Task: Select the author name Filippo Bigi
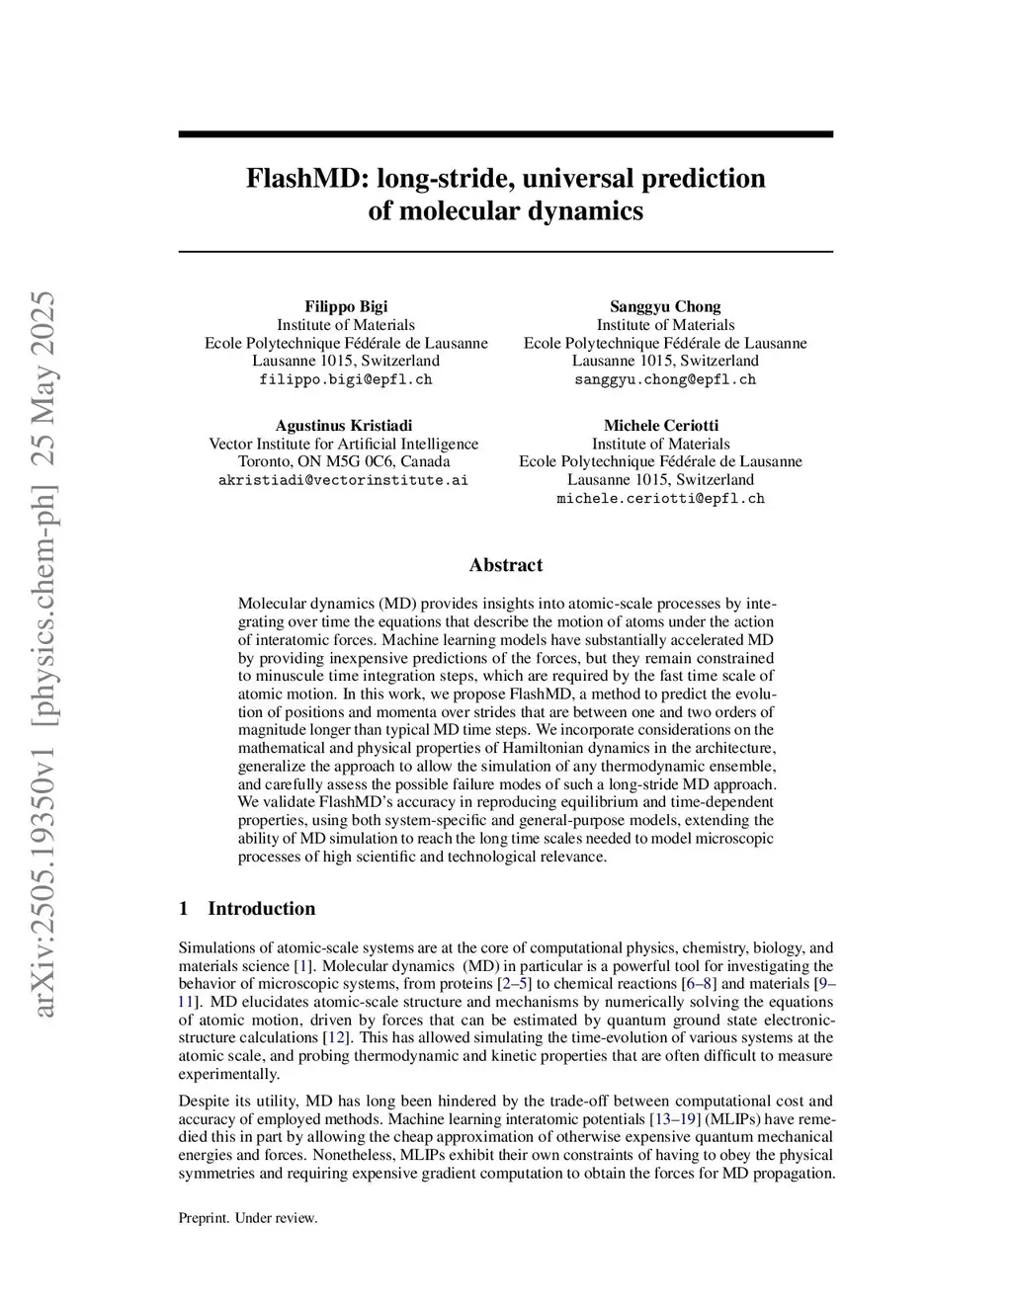click(x=346, y=306)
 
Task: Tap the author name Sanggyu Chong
click(x=665, y=306)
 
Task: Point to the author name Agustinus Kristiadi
click(x=344, y=426)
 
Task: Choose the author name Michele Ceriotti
click(x=661, y=426)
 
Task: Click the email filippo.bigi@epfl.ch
click(x=346, y=379)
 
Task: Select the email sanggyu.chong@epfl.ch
click(x=665, y=379)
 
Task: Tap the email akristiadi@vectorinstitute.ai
click(x=343, y=480)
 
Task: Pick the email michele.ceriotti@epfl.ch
click(x=661, y=499)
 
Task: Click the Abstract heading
click(x=506, y=565)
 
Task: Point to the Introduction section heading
click(x=261, y=909)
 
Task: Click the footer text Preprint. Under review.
click(x=248, y=1218)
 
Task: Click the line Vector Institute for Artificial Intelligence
click(x=344, y=444)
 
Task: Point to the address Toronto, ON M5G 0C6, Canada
click(x=344, y=461)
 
